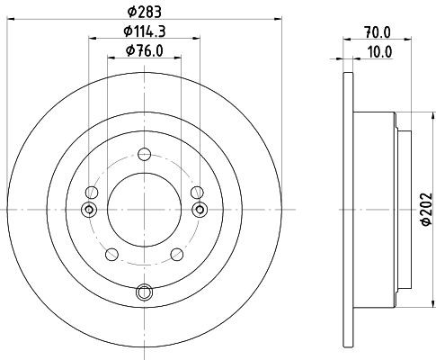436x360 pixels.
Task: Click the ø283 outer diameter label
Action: point(145,12)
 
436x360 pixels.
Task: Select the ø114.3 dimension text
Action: point(145,31)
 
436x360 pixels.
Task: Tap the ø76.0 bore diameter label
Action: point(145,50)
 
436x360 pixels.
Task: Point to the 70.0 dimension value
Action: point(378,32)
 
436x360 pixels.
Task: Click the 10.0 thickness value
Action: point(379,52)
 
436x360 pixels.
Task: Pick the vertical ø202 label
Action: point(426,209)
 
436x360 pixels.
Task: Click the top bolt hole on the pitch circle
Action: point(144,155)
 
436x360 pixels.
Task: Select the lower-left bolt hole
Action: point(111,255)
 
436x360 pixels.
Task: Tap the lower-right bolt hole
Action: point(177,255)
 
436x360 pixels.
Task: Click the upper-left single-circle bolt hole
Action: point(92,193)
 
